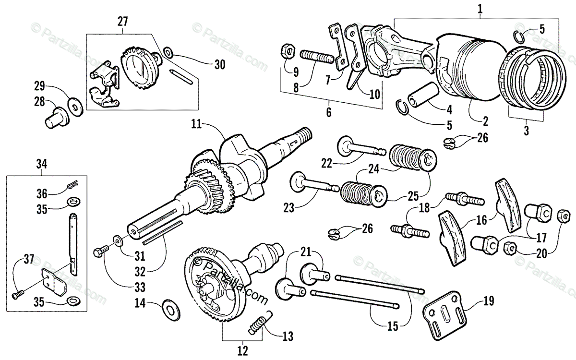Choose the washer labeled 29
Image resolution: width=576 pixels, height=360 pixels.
coord(74,104)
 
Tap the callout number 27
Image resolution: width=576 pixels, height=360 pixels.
coord(123,21)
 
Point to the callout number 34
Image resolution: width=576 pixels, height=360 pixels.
coord(41,164)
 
